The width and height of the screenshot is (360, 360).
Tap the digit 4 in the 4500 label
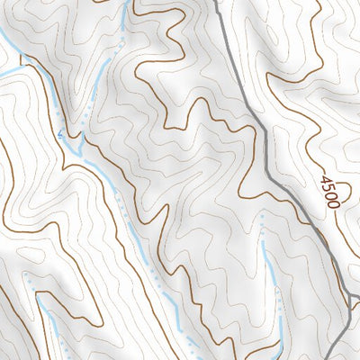tap(324, 180)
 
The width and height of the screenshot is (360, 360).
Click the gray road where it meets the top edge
tap(218, 3)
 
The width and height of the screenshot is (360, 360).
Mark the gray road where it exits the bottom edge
tap(335, 357)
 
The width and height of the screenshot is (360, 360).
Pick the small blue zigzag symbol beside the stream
tap(63, 135)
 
